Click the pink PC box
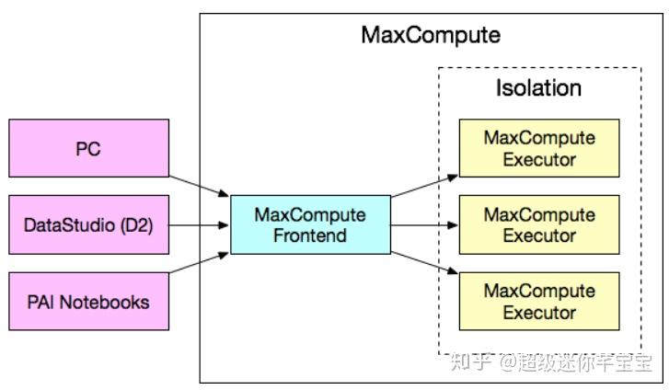coord(88,148)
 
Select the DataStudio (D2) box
coord(88,224)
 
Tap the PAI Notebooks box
coord(88,302)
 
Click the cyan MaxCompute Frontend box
coord(311,224)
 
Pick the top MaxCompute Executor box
coord(539,148)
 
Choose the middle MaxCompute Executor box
coord(539,224)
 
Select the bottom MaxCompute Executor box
coord(539,302)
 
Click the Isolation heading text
coord(538,88)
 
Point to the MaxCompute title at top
coord(431,35)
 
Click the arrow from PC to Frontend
coord(200,186)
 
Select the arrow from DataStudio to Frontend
coord(200,224)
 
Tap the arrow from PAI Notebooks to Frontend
coord(200,262)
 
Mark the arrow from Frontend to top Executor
coord(424,186)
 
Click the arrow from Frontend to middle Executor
coord(424,224)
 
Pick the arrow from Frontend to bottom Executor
coord(424,262)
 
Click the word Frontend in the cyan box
coord(310,235)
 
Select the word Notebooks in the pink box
coord(105,302)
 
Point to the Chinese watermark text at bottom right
coord(551,362)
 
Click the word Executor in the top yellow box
coord(539,159)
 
